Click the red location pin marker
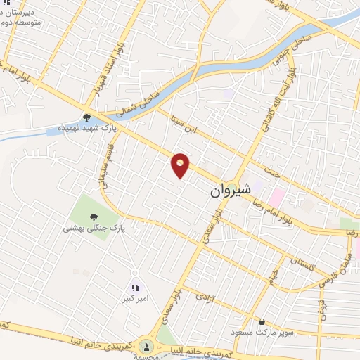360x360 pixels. (x=181, y=165)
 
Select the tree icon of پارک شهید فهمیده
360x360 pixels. (x=86, y=117)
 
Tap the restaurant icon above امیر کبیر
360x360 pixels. (x=135, y=287)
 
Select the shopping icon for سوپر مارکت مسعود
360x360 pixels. (x=262, y=320)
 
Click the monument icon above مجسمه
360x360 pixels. (x=146, y=345)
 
